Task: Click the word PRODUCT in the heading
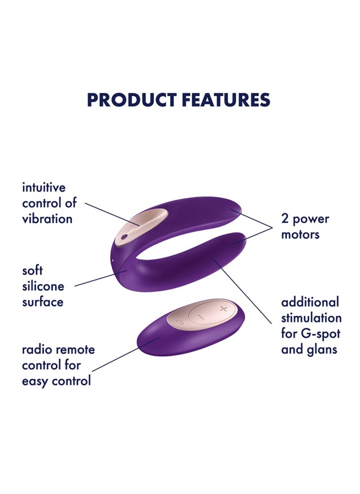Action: point(132,100)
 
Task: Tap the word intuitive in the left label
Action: point(44,188)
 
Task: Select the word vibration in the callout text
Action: point(47,219)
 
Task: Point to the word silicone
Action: point(43,286)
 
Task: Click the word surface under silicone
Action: point(42,303)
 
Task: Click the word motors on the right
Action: point(300,234)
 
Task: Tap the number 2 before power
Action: point(285,219)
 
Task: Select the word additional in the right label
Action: point(310,302)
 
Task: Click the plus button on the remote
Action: point(223,309)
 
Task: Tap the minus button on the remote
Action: point(203,316)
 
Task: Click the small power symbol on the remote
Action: point(180,322)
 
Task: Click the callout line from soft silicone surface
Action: point(101,278)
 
